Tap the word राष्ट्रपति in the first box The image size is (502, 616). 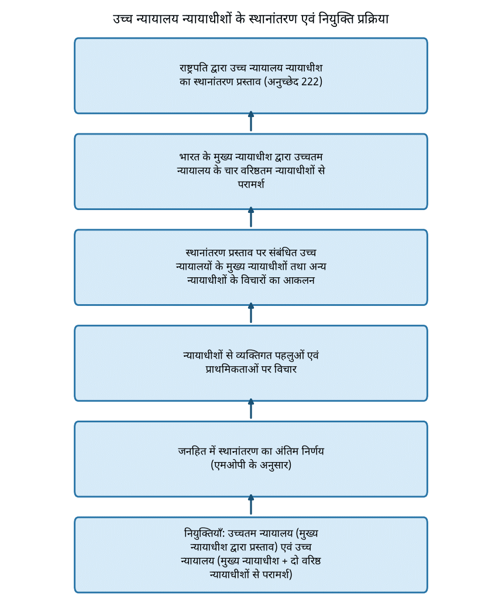(x=194, y=68)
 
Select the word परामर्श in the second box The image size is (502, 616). (x=251, y=184)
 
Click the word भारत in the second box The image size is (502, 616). (x=190, y=157)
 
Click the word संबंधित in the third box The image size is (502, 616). (x=283, y=253)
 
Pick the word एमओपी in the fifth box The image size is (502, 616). (x=228, y=465)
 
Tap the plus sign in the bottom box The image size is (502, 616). (x=285, y=561)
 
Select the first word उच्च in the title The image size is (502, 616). (x=122, y=19)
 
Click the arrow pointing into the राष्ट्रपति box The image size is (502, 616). (x=251, y=122)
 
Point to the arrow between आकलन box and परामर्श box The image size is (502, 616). (x=251, y=217)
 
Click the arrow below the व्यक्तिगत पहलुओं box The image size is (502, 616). (x=251, y=409)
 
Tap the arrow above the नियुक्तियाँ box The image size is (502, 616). (x=251, y=505)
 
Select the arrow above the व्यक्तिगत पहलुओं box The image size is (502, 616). (x=251, y=313)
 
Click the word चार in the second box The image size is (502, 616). (x=231, y=170)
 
